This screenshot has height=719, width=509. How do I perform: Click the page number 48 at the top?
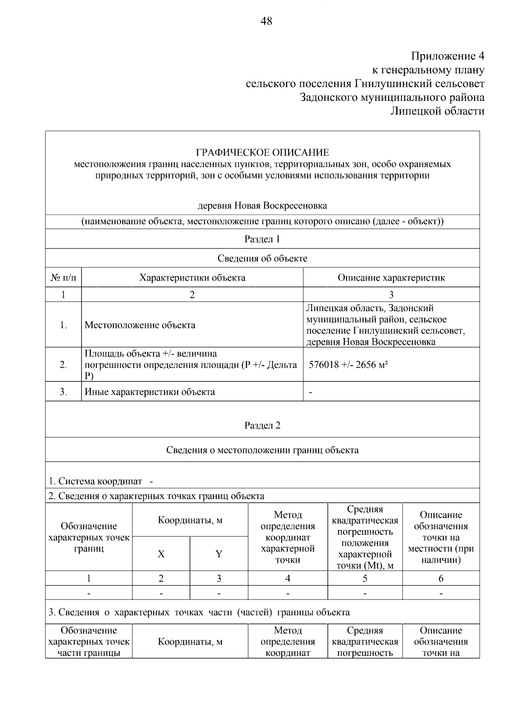pyautogui.click(x=266, y=21)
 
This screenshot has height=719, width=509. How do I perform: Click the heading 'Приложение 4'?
pyautogui.click(x=447, y=56)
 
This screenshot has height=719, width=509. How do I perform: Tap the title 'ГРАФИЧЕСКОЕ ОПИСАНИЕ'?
pyautogui.click(x=262, y=153)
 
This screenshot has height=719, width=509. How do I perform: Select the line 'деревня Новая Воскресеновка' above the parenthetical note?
pyautogui.click(x=262, y=206)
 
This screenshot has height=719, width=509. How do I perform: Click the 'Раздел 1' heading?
pyautogui.click(x=262, y=239)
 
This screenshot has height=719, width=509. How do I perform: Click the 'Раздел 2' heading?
pyautogui.click(x=262, y=425)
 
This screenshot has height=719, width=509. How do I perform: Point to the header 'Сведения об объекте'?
pyautogui.click(x=262, y=258)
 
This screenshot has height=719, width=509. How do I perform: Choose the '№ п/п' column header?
pyautogui.click(x=64, y=278)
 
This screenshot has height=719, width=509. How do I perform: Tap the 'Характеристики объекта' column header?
pyautogui.click(x=192, y=278)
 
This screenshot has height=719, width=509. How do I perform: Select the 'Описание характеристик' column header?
pyautogui.click(x=391, y=278)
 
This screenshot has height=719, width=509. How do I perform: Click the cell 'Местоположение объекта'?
pyautogui.click(x=140, y=325)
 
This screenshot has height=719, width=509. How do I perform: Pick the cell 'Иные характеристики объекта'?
pyautogui.click(x=150, y=392)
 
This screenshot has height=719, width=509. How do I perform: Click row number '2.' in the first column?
pyautogui.click(x=64, y=365)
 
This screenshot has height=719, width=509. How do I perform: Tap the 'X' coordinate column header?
pyautogui.click(x=161, y=554)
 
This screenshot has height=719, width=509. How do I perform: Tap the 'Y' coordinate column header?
pyautogui.click(x=219, y=554)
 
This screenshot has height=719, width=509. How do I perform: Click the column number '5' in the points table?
pyautogui.click(x=365, y=579)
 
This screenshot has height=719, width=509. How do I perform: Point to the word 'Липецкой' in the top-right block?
pyautogui.click(x=415, y=111)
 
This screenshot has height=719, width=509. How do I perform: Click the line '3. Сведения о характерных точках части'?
pyautogui.click(x=199, y=612)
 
